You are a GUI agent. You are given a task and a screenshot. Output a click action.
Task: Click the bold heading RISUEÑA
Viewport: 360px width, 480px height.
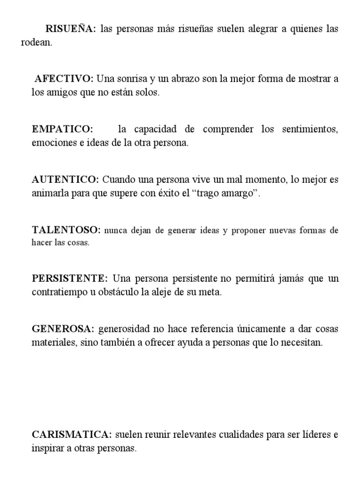click(70, 29)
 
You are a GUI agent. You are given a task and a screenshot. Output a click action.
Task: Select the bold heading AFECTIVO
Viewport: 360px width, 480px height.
click(64, 78)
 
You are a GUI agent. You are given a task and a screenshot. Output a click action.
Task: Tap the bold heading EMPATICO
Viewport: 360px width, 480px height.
click(62, 129)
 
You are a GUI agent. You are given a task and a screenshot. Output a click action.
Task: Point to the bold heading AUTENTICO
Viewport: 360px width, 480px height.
click(65, 180)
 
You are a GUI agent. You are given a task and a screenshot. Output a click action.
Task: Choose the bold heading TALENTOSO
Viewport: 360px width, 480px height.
click(66, 230)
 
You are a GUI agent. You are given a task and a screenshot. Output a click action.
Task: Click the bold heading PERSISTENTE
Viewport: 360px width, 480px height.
click(70, 279)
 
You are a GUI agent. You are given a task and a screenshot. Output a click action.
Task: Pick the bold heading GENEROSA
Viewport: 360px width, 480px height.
click(63, 329)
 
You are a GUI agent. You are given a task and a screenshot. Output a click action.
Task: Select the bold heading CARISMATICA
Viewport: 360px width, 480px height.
click(72, 435)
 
